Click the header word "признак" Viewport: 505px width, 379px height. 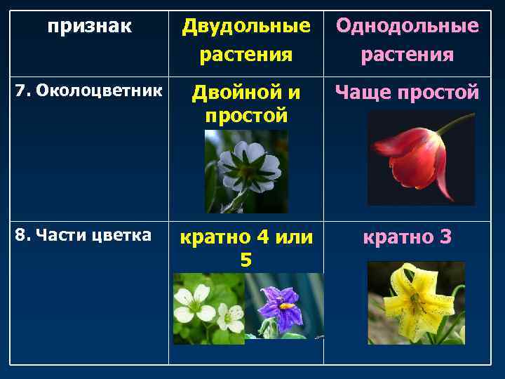coord(89,27)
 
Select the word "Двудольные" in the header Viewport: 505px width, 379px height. coord(245,27)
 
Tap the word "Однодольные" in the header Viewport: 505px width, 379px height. coord(407,27)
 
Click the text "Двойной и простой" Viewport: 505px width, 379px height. coord(245,103)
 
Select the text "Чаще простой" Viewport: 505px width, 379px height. coord(407,92)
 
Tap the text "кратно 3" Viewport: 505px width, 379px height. coord(407,237)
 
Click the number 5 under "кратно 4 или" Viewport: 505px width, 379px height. coord(245,260)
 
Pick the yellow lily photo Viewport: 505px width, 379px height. coord(416,303)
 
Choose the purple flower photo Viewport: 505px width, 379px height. coord(284,307)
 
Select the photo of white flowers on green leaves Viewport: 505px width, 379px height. coord(208,307)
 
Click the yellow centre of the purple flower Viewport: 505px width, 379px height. coord(286,306)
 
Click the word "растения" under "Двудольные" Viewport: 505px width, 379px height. coord(245,55)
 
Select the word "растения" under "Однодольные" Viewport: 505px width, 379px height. coord(407,55)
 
